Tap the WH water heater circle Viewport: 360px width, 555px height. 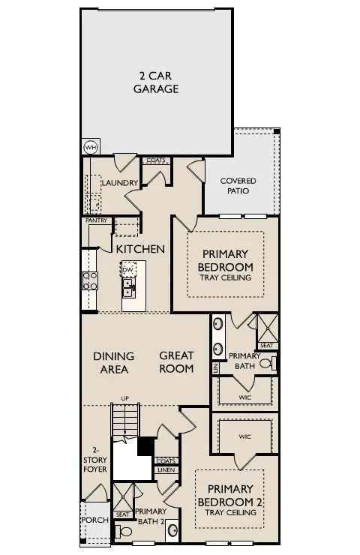90,147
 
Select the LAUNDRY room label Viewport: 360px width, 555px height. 119,183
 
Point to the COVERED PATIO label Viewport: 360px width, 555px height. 238,186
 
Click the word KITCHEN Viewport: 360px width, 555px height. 140,248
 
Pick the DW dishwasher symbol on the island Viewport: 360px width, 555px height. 127,268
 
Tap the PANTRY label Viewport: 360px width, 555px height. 96,220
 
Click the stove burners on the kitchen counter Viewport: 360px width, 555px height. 89,280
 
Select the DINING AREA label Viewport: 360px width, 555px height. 114,362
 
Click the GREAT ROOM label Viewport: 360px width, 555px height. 176,362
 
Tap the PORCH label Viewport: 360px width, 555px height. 95,520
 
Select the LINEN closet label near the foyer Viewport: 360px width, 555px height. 166,469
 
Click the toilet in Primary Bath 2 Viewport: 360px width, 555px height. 125,532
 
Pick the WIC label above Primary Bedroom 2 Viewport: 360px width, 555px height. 244,436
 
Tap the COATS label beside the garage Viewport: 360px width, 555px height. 155,160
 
